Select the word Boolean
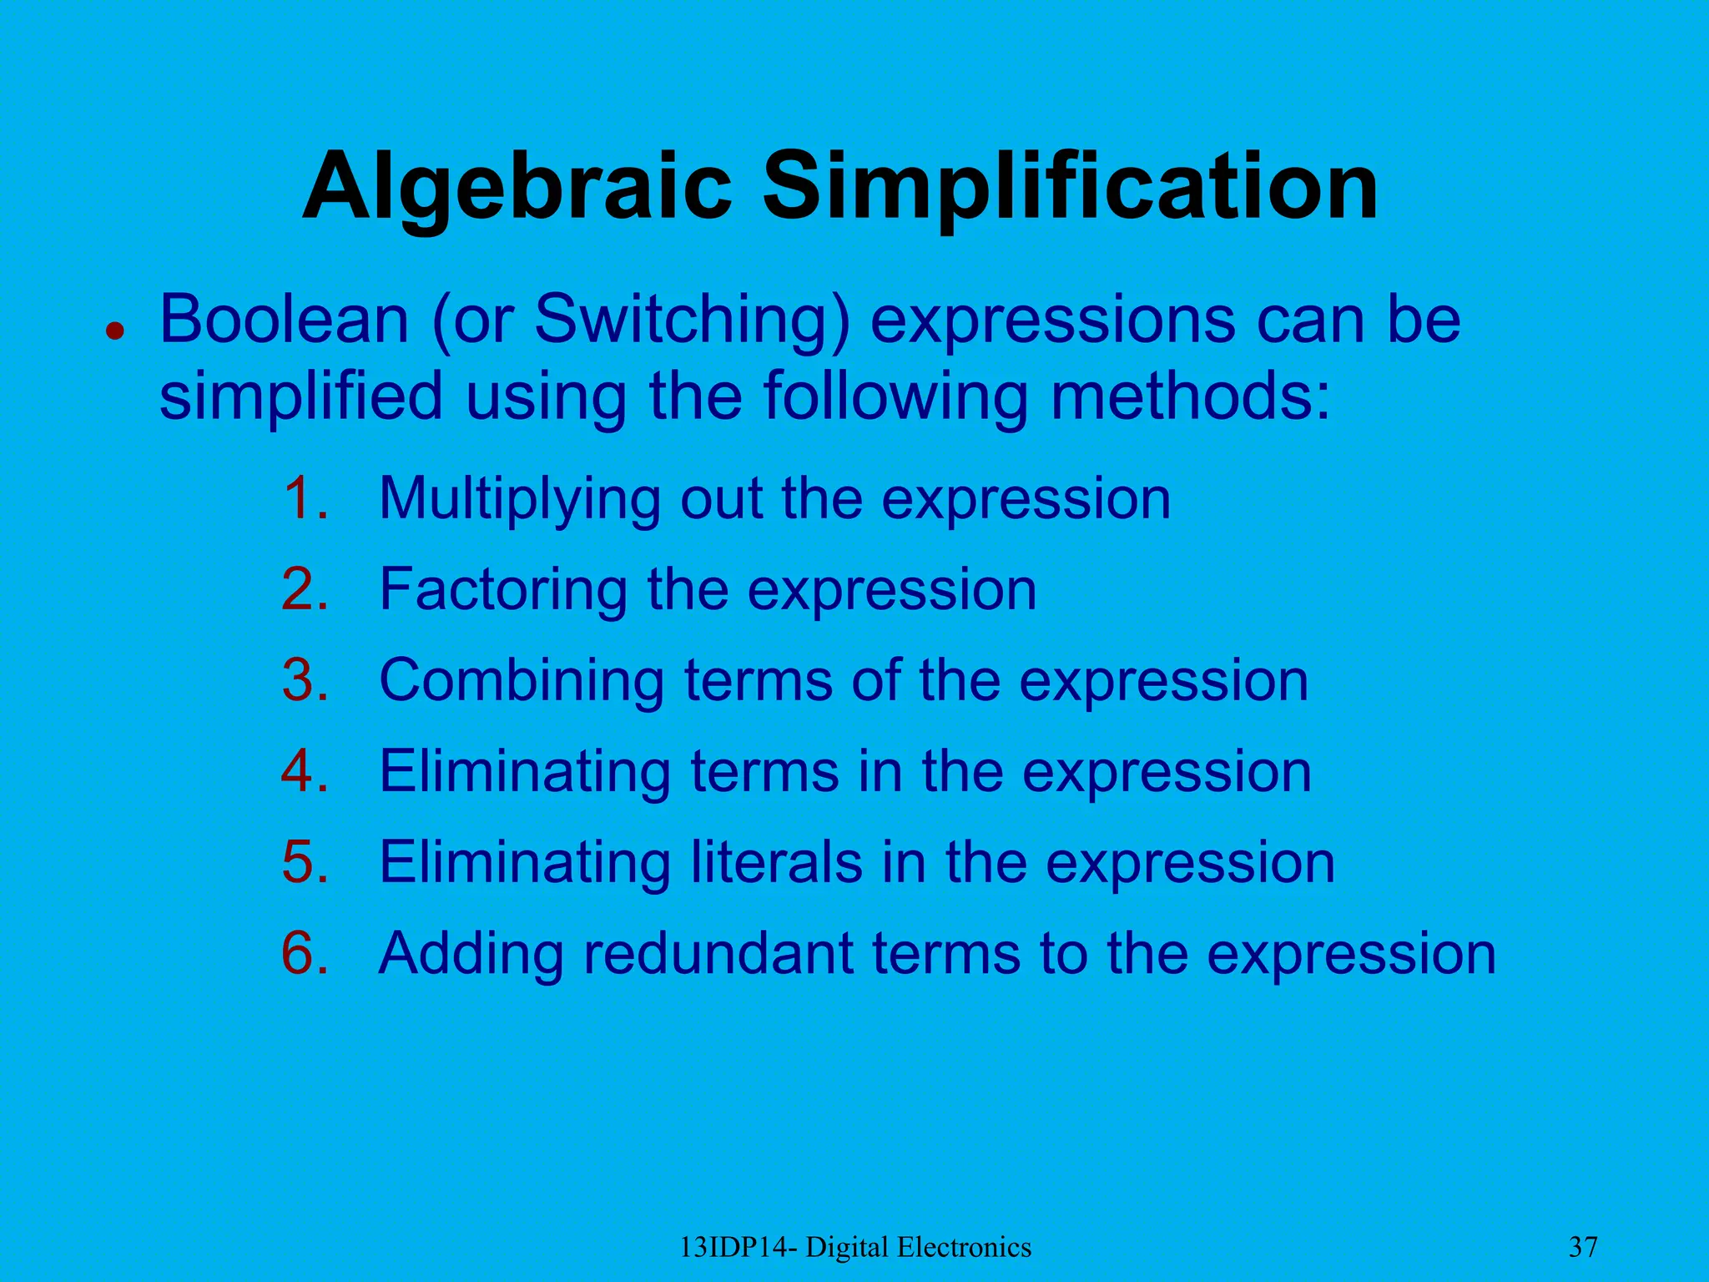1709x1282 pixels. tap(284, 320)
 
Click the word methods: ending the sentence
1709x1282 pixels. tap(1190, 396)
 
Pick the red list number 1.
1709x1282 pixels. tap(305, 498)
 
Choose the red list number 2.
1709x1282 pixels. tap(305, 589)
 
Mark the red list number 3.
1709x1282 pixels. tap(305, 680)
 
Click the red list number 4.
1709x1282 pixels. tap(305, 771)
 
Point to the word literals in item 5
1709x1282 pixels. tap(776, 862)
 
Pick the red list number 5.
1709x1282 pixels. tap(305, 862)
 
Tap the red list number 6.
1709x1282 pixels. tap(305, 953)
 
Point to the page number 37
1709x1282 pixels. tap(1583, 1248)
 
